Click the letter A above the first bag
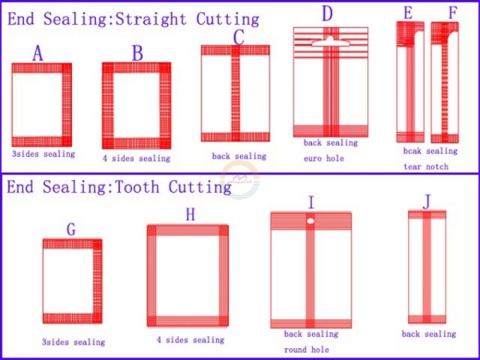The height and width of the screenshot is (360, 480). (38, 53)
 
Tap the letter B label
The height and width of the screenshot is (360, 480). (138, 53)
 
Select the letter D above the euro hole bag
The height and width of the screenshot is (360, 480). (327, 14)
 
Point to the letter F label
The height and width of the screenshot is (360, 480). (453, 13)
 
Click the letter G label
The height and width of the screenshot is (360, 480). (71, 229)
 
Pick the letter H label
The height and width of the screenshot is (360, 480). (190, 214)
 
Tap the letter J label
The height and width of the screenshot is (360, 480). (426, 202)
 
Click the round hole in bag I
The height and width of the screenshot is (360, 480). (310, 221)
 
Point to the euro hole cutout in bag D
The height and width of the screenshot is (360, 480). (330, 42)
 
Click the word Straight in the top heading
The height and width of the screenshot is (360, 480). (151, 19)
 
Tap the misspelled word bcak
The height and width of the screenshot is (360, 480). (412, 150)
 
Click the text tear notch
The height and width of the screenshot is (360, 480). (426, 166)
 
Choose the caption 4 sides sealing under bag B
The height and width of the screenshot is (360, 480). (136, 158)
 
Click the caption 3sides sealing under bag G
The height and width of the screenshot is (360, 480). (74, 342)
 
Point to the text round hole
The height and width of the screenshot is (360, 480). (306, 350)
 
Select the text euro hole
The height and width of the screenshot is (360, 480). (323, 158)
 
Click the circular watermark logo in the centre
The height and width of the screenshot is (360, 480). (240, 180)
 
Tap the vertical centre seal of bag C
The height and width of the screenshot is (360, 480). (235, 94)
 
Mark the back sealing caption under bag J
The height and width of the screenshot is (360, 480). (429, 334)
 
